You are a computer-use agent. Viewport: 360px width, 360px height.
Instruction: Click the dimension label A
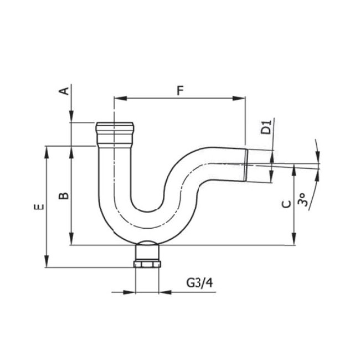click(x=64, y=90)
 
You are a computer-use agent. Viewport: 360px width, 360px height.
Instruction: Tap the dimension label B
click(x=64, y=196)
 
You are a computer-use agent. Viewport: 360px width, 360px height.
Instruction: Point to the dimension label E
click(x=38, y=207)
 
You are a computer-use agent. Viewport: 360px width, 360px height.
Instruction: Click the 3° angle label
click(x=302, y=200)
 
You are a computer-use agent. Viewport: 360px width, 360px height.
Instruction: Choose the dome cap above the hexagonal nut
click(x=147, y=247)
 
